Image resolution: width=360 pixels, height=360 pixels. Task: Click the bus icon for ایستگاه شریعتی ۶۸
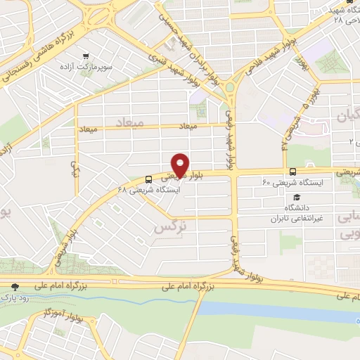pos(148,179)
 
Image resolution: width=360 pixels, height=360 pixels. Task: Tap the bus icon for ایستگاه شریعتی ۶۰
pos(293,172)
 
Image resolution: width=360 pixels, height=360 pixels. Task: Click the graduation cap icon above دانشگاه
pos(297,198)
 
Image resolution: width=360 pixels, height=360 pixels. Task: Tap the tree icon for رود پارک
pos(15,286)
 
